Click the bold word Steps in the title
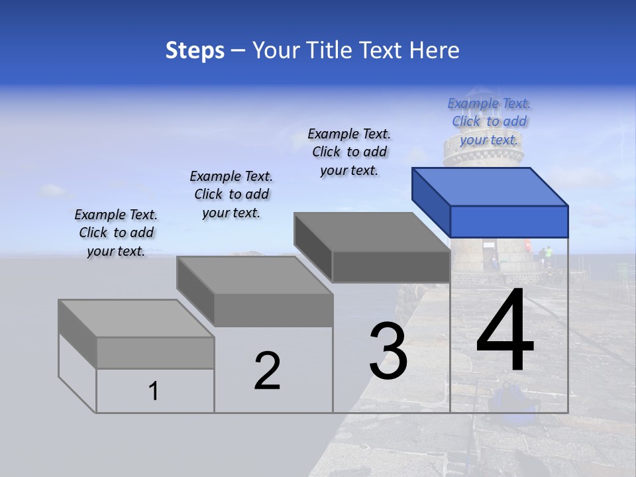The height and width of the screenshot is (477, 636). [x=195, y=50]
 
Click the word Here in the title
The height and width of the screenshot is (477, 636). [x=434, y=50]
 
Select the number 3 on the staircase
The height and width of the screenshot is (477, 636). [x=388, y=350]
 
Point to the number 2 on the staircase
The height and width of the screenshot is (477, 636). [x=267, y=370]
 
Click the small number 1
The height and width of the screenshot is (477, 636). [x=154, y=392]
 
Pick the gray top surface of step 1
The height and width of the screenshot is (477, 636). [x=136, y=318]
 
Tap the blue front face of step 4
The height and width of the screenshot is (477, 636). [x=509, y=221]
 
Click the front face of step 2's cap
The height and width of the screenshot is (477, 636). [x=273, y=310]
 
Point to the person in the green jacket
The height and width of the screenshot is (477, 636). [x=548, y=255]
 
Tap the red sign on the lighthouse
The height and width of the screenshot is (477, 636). [x=528, y=244]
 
